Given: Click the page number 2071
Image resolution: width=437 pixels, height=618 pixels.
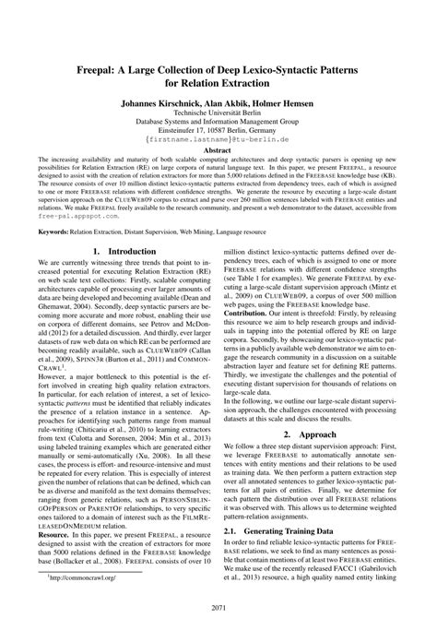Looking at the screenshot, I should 218,608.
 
